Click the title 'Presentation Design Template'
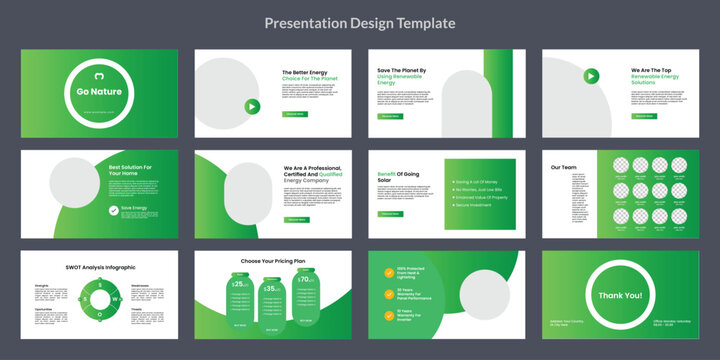click(359, 23)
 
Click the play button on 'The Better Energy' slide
click(251, 106)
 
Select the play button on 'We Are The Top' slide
click(591, 75)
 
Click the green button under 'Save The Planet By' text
click(388, 116)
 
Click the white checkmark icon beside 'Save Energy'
click(113, 211)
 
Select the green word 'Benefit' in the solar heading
click(388, 174)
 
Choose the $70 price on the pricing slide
click(304, 283)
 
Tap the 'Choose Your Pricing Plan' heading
click(272, 260)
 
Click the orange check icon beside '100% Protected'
click(387, 271)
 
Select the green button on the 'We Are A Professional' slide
click(296, 218)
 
